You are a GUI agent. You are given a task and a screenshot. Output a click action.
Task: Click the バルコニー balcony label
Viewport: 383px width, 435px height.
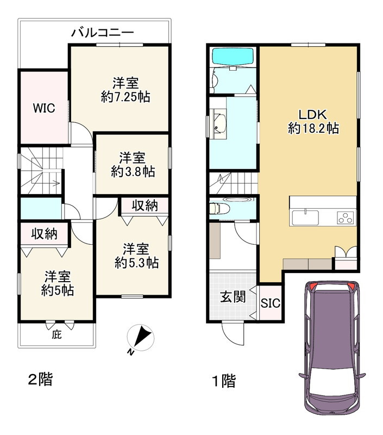[103, 33]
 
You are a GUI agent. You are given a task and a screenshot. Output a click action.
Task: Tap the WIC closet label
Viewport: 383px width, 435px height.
[43, 108]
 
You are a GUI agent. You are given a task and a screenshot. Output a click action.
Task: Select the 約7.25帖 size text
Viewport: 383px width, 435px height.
[125, 97]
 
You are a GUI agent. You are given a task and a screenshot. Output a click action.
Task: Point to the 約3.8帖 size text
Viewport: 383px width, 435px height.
[133, 171]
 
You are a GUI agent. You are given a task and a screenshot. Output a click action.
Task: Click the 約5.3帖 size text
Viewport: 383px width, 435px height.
[136, 263]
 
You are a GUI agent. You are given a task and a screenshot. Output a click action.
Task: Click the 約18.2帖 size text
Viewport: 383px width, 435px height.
[313, 129]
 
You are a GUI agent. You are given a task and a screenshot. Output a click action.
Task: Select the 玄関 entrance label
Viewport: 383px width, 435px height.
[233, 296]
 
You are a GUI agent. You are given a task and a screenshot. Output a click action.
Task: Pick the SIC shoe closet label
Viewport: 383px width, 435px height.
[270, 303]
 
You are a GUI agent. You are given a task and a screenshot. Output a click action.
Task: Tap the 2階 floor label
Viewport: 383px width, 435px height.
[40, 378]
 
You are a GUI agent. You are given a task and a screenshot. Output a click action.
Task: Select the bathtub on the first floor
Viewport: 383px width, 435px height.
[233, 57]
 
